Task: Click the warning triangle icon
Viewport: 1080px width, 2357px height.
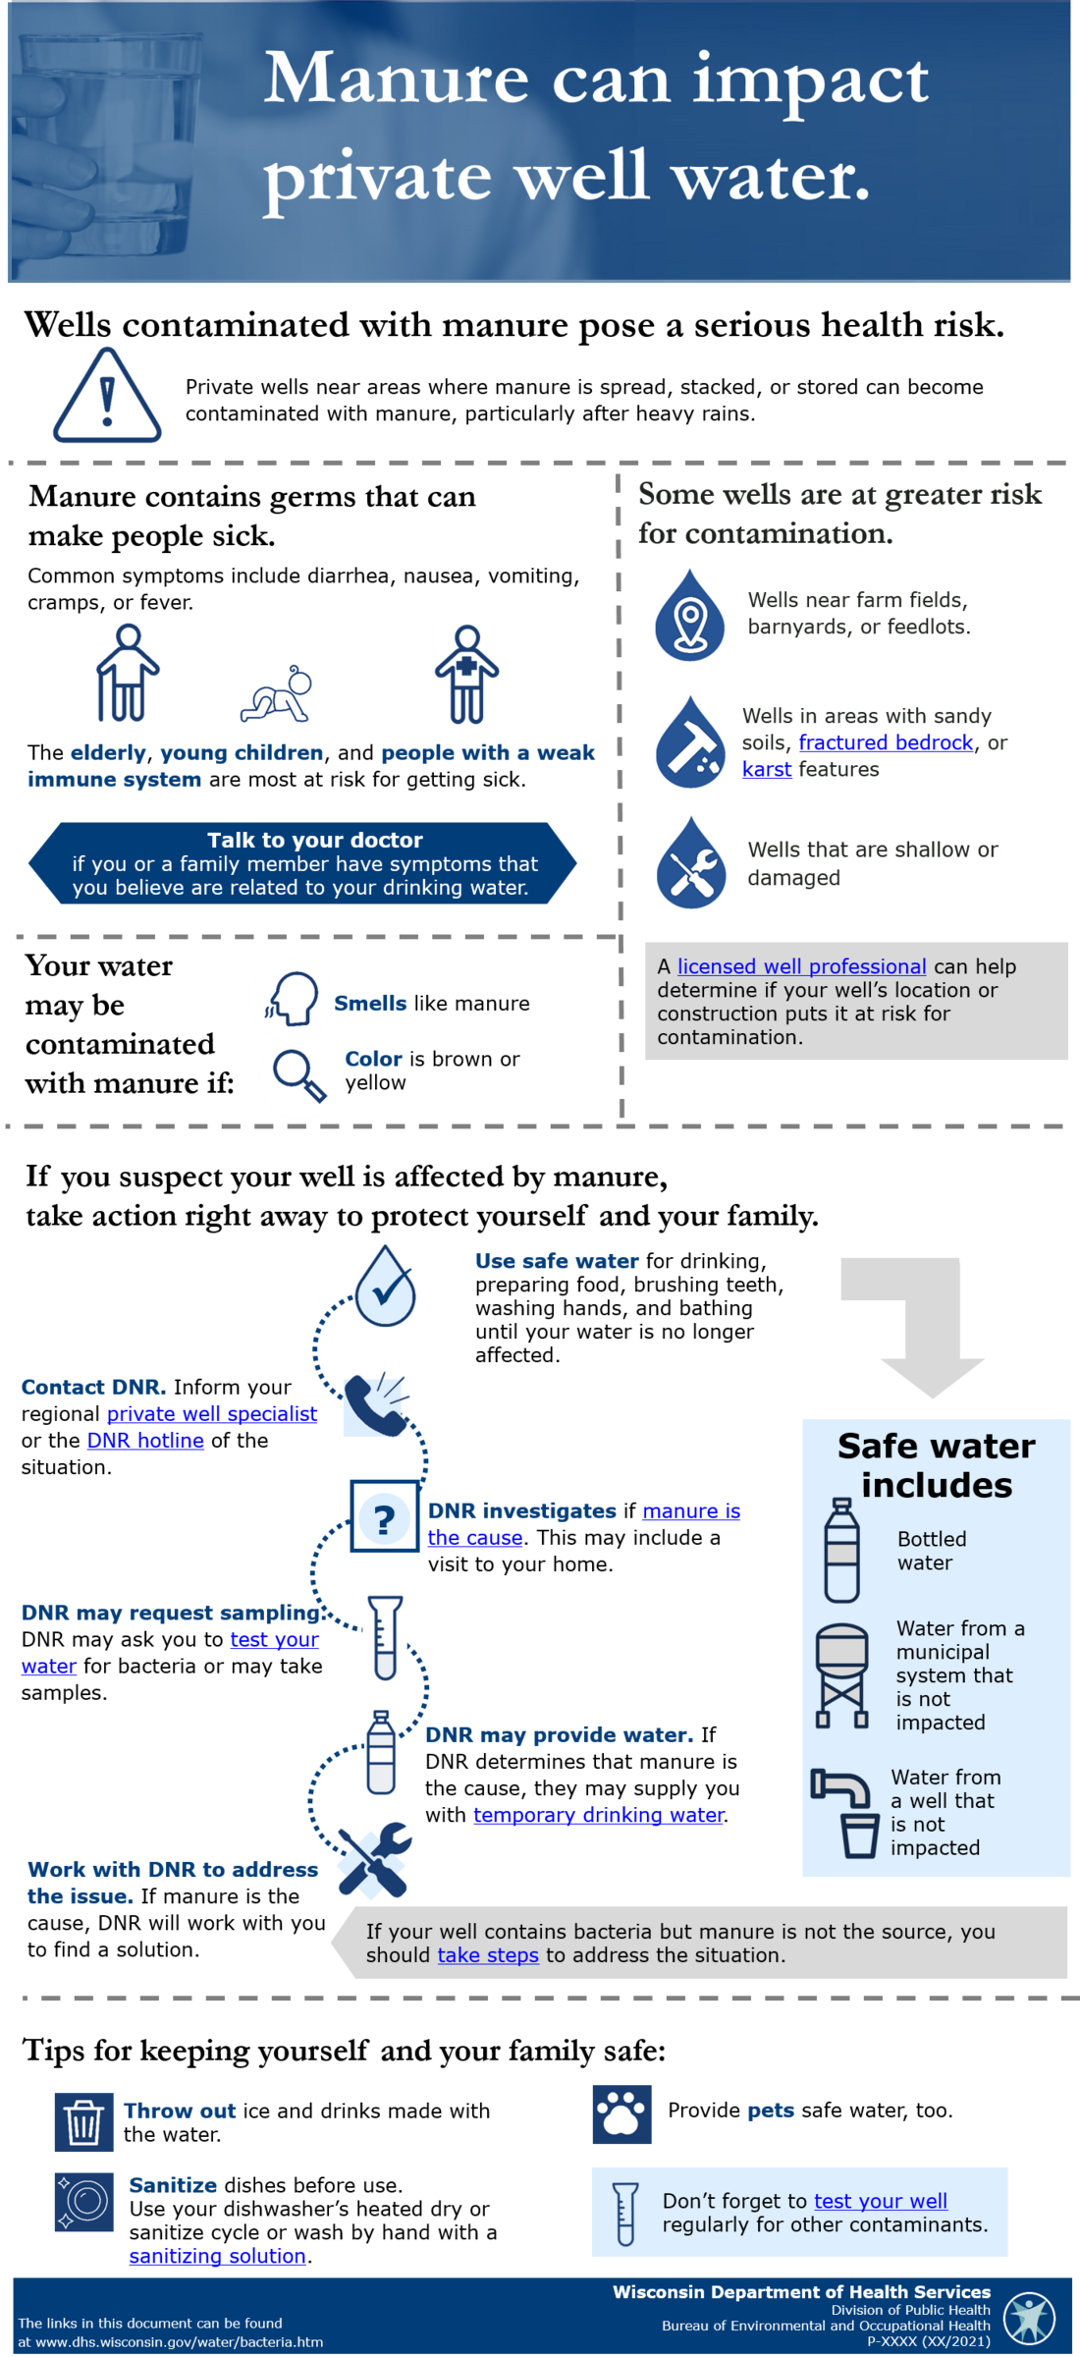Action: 107,396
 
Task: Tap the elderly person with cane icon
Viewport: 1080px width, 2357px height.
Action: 127,673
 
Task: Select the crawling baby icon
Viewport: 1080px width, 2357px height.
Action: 277,695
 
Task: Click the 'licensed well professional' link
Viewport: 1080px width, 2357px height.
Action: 801,966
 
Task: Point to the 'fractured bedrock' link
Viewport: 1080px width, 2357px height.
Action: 886,742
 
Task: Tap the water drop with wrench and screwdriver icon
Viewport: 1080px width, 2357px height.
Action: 691,863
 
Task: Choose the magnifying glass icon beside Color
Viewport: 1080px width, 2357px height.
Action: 299,1076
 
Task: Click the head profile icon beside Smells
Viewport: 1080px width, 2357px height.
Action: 292,999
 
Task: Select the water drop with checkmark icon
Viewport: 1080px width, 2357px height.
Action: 386,1286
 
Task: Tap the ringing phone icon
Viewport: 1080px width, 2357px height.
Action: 377,1404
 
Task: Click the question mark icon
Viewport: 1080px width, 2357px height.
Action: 384,1518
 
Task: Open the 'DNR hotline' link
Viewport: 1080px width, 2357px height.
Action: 145,1441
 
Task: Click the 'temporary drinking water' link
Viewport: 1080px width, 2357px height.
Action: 599,1815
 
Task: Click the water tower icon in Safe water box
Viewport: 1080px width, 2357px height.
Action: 841,1675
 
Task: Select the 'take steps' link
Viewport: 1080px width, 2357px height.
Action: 488,1955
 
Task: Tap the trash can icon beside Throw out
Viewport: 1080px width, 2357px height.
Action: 83,2122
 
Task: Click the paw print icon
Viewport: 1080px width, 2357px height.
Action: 621,2114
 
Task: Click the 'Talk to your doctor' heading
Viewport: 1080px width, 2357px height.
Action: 315,840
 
